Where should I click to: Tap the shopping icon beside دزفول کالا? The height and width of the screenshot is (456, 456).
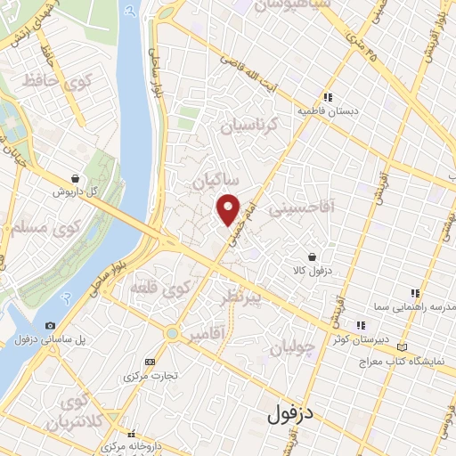pos(311,256)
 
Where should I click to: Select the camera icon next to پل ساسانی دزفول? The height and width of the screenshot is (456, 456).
pos(50,326)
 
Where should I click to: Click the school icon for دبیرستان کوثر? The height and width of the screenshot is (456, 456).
pos(361,325)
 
